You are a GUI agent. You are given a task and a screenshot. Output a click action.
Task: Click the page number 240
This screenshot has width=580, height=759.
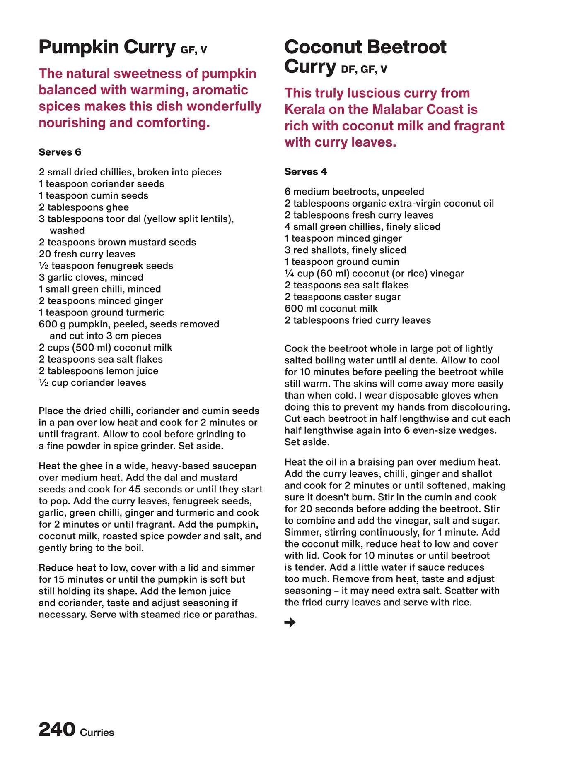(x=57, y=729)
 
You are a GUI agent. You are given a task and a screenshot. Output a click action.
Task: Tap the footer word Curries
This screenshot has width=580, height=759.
(x=97, y=733)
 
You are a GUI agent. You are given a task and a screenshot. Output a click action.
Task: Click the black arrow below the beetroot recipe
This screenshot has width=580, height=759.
(x=290, y=622)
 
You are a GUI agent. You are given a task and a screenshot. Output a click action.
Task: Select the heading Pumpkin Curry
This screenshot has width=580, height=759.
(x=107, y=47)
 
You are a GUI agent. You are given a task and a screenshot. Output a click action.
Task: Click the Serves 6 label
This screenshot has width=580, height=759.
(x=60, y=152)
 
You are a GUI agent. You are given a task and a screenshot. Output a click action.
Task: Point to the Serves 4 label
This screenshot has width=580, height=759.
(x=306, y=172)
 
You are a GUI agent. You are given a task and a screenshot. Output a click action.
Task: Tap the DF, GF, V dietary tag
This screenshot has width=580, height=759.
(x=364, y=69)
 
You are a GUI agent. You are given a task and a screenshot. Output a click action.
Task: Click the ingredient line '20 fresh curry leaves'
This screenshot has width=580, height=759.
(x=87, y=254)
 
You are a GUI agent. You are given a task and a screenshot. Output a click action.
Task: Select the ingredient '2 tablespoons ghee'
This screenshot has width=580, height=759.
(x=84, y=207)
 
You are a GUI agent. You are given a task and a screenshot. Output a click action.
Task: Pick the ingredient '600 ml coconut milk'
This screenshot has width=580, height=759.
(x=331, y=309)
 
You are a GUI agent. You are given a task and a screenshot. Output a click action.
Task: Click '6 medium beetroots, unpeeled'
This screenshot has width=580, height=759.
(x=354, y=192)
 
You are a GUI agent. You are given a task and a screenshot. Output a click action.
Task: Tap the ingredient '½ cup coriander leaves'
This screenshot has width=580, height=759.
(x=92, y=383)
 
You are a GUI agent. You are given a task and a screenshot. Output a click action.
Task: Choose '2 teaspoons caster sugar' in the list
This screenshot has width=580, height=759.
(x=342, y=297)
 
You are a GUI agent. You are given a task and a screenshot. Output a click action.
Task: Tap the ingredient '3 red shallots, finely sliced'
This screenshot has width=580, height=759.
(x=345, y=250)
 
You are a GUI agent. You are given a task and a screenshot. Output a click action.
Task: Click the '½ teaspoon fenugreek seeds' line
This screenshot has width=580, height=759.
(x=106, y=266)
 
